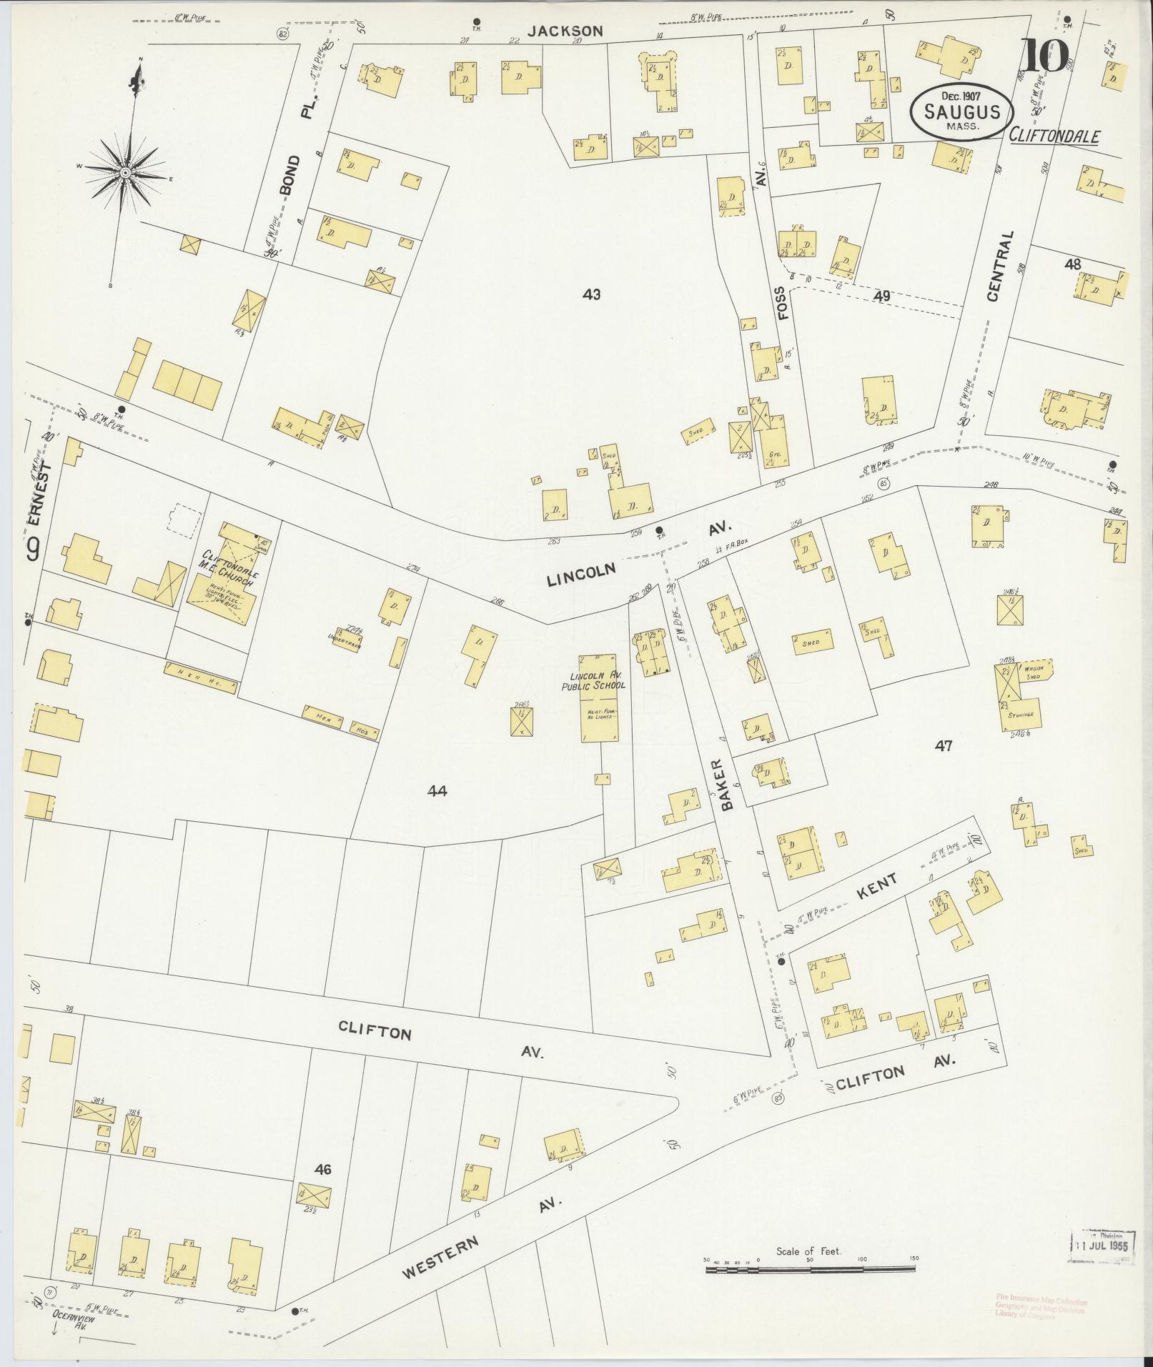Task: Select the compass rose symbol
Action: (x=126, y=172)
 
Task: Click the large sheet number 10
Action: (x=1044, y=56)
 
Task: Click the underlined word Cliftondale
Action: (x=1054, y=136)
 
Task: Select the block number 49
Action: (x=882, y=294)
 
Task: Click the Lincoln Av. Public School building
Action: (x=599, y=697)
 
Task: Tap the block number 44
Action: (x=437, y=790)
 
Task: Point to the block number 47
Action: (x=944, y=745)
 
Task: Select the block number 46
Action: (x=323, y=1169)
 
